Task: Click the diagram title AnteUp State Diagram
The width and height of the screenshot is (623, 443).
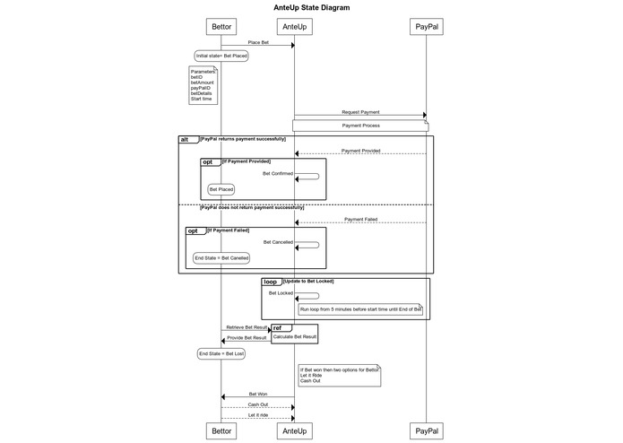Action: [311, 7]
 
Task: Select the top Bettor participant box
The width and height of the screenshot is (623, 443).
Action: [221, 27]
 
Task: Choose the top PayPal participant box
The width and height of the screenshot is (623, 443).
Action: [426, 27]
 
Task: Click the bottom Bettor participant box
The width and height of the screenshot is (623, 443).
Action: [221, 431]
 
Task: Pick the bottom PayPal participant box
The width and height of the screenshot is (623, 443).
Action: [426, 431]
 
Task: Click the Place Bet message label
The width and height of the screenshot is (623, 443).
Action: [258, 42]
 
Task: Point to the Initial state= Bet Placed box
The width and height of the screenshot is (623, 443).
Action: [221, 56]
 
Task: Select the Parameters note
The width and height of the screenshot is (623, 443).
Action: [203, 86]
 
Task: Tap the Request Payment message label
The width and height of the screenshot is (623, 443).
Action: [360, 112]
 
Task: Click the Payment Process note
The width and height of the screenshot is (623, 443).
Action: [360, 126]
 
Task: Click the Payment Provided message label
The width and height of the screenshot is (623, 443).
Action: [360, 151]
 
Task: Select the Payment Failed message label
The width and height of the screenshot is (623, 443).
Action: [360, 219]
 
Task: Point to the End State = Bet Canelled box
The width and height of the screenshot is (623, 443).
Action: [221, 257]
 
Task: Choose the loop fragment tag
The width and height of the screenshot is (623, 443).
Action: [271, 282]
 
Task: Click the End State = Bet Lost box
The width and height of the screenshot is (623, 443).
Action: [221, 353]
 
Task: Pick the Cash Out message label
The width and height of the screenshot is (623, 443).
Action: [258, 404]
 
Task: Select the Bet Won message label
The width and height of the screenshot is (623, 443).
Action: [258, 393]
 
